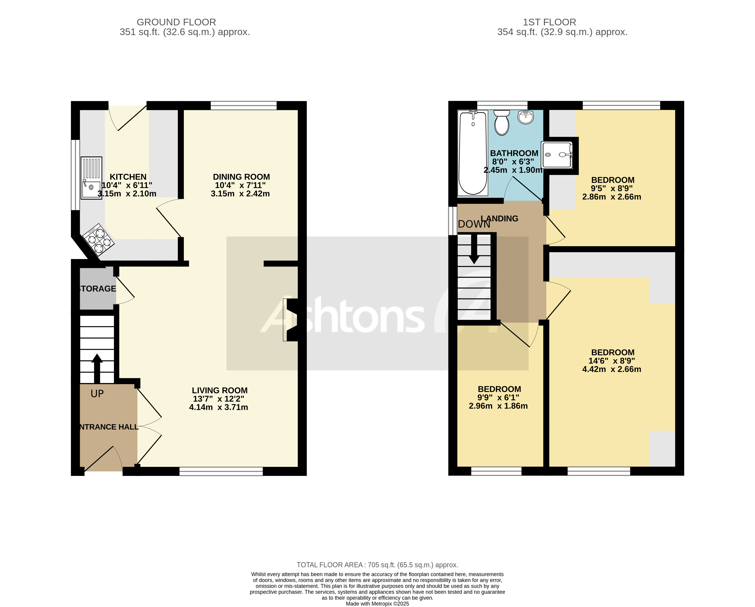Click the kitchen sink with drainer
91,178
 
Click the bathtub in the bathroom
473,153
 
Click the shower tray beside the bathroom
557,155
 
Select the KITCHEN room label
128,177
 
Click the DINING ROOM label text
241,177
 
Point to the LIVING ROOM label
220,390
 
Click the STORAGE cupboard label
97,289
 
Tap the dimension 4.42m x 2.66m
611,369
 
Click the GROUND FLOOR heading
176,22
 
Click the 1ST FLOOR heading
549,22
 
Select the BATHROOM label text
514,153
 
